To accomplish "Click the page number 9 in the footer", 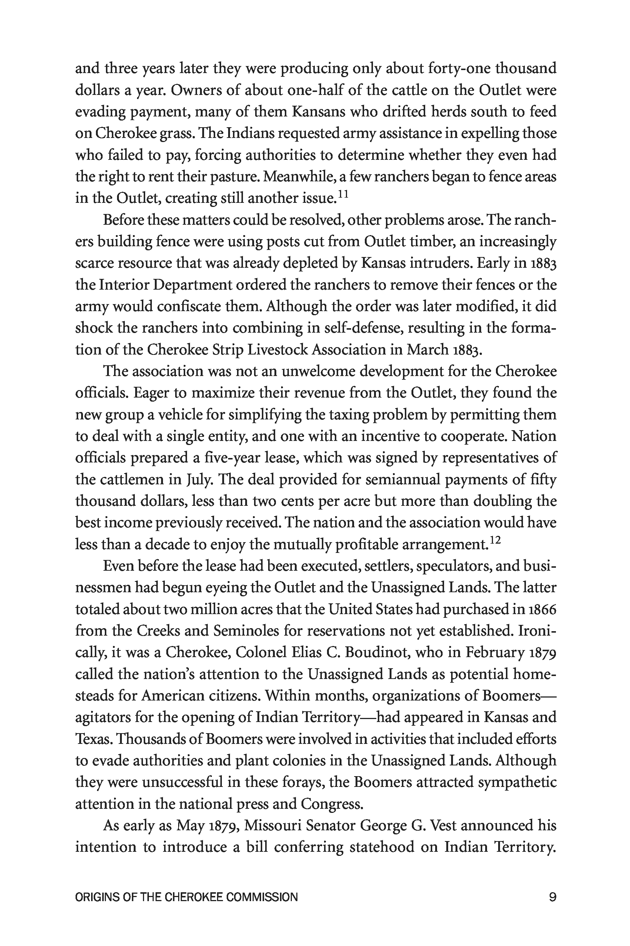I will click(553, 897).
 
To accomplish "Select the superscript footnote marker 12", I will click(496, 540).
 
